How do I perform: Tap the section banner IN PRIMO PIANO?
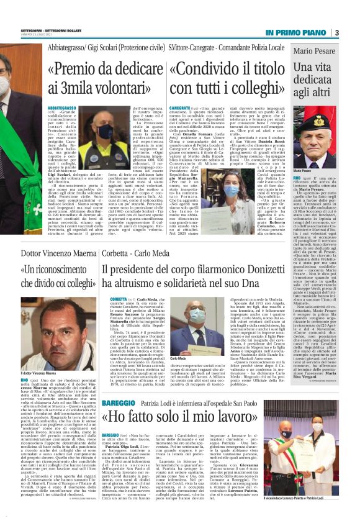tap(295, 32)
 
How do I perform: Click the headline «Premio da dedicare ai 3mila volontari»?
tap(105, 78)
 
